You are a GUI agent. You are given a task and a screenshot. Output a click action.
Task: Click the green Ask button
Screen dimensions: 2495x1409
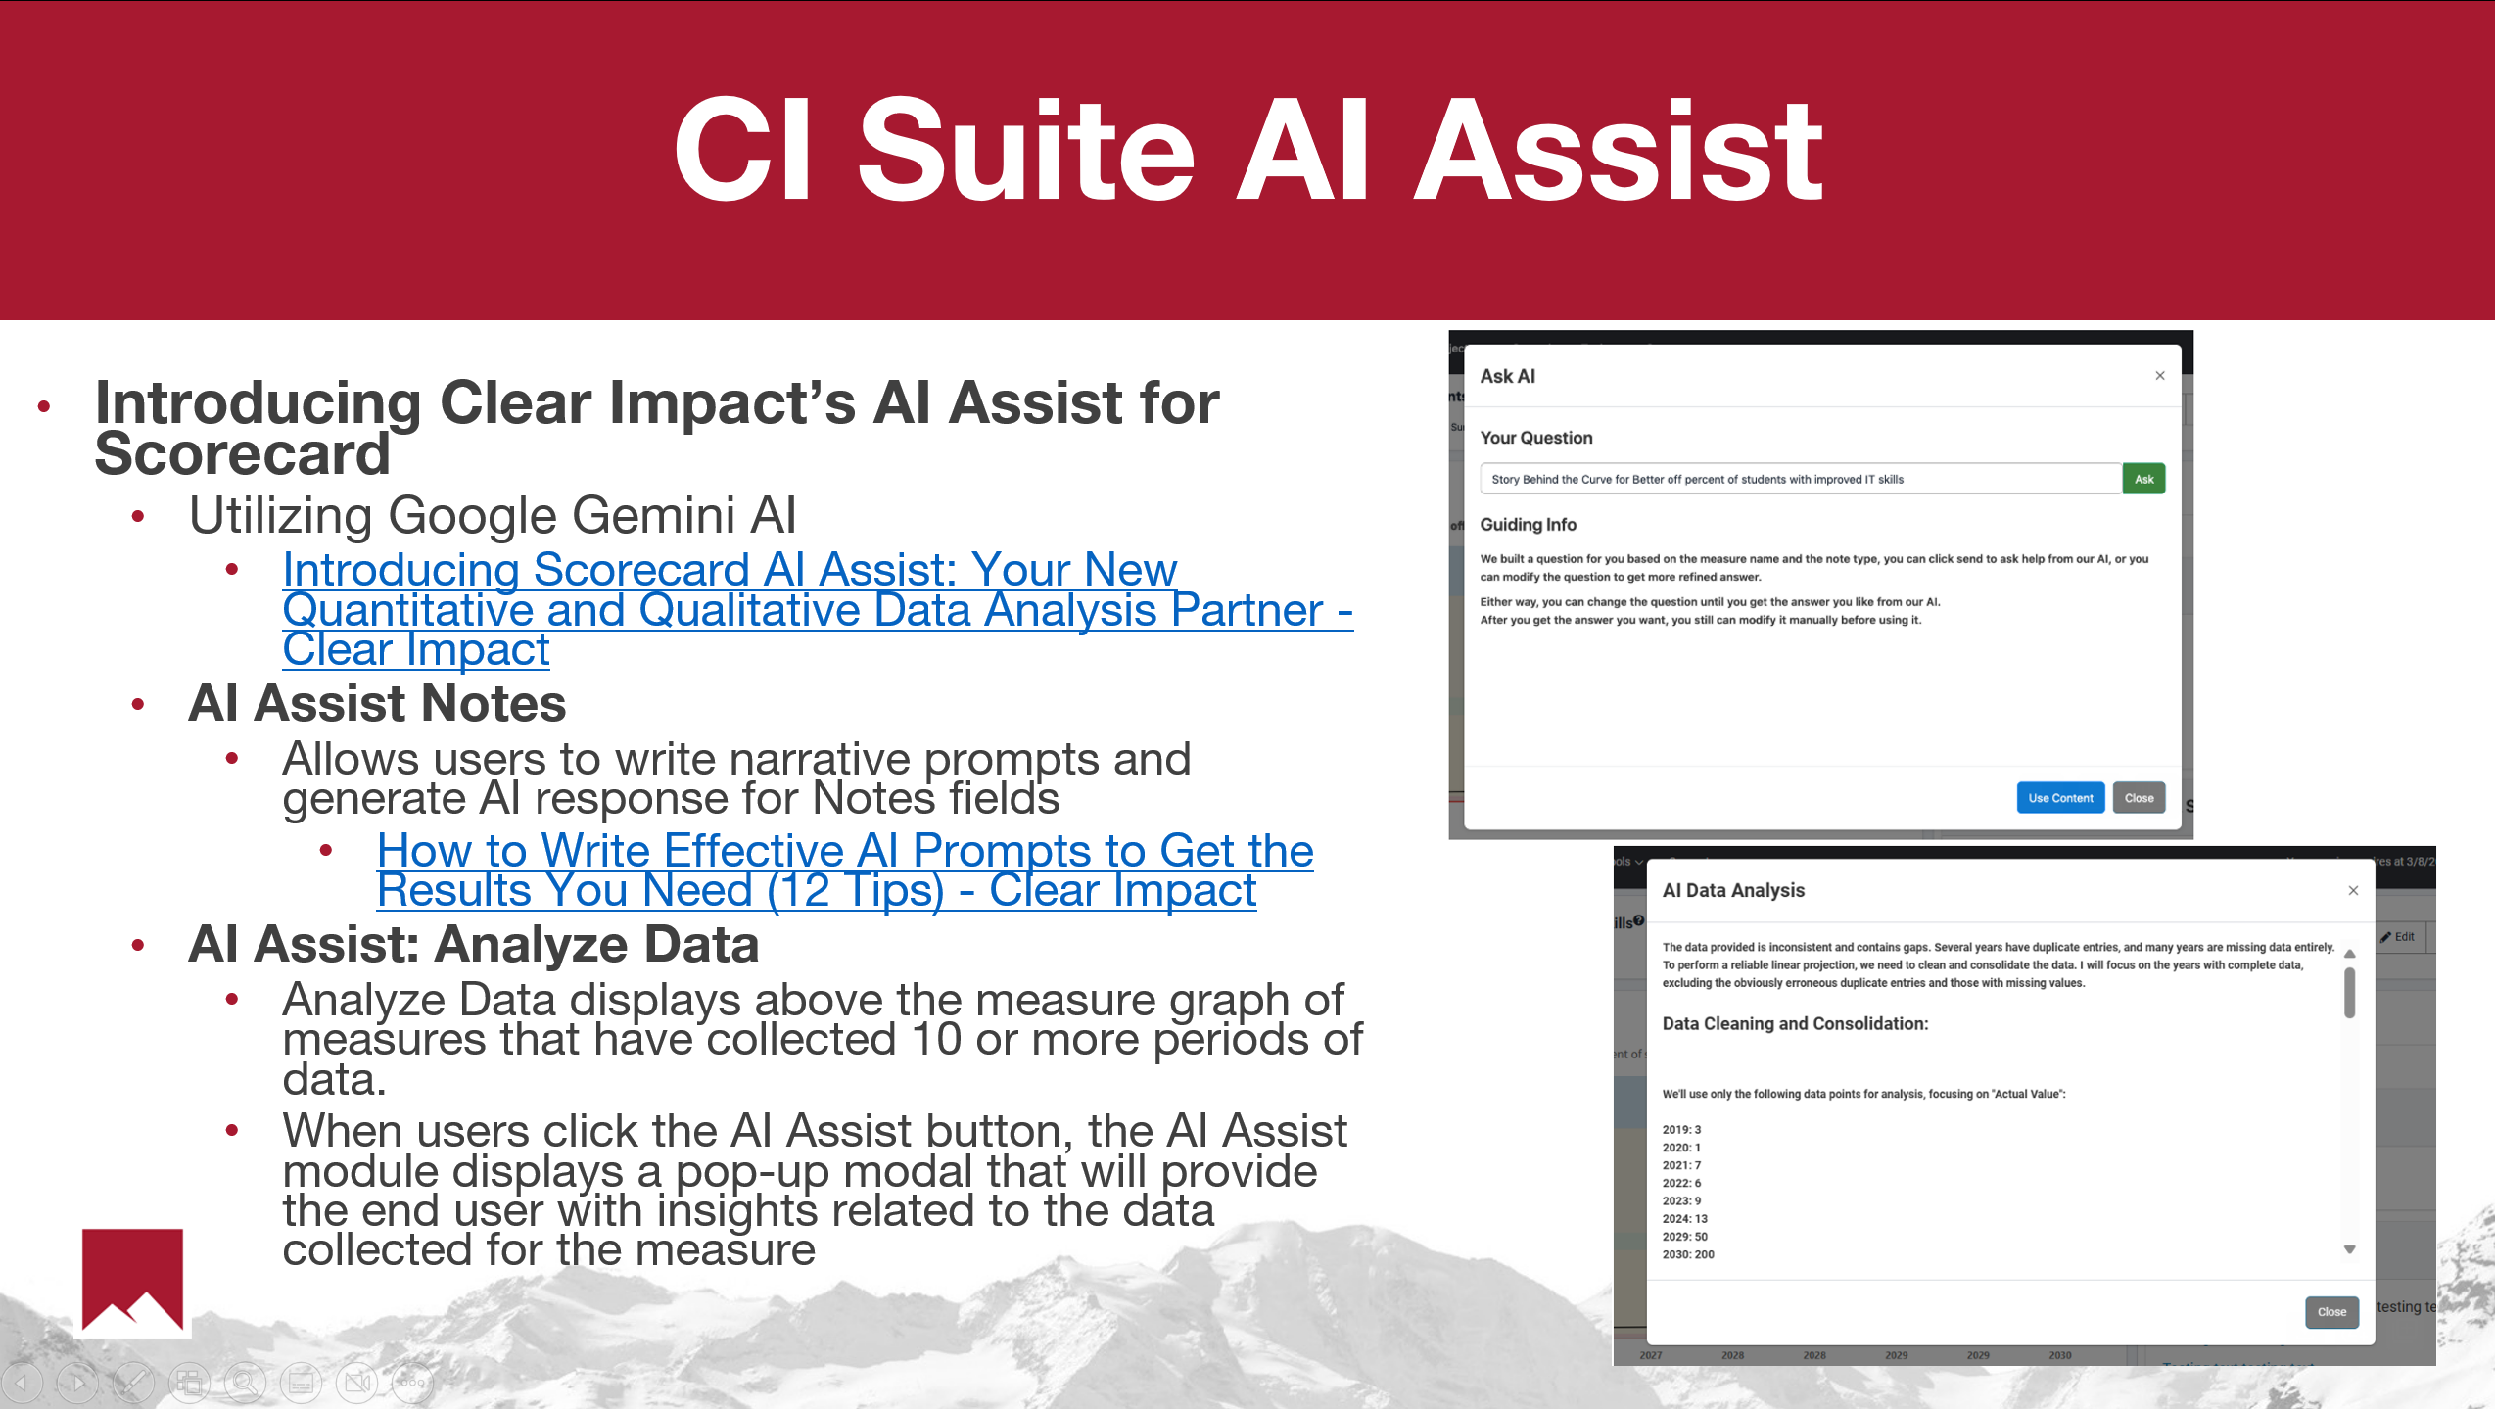point(2143,479)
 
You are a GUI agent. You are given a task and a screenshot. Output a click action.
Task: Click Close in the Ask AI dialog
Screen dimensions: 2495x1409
point(2139,798)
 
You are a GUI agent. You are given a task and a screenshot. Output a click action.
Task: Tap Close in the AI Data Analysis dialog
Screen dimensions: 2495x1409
point(2331,1312)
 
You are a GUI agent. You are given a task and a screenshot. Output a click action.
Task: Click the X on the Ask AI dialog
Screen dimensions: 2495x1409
point(2160,376)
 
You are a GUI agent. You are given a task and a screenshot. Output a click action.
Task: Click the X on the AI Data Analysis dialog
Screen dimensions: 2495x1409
point(2353,890)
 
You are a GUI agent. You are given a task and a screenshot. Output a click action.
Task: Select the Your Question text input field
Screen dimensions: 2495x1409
point(1800,479)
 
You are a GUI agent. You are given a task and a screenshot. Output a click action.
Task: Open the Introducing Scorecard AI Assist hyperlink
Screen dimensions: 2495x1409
point(818,609)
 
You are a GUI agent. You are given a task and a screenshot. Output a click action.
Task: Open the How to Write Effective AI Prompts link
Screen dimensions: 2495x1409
point(845,869)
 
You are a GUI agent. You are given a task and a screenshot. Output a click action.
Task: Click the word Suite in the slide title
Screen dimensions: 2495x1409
point(1025,152)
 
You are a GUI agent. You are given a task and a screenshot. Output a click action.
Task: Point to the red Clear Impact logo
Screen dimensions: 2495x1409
point(132,1280)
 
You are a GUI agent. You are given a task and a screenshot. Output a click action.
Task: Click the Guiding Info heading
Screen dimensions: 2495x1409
point(1528,525)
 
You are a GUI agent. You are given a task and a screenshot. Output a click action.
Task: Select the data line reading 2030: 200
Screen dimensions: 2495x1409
point(1688,1254)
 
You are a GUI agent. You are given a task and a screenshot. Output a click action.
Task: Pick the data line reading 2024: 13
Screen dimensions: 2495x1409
point(1684,1219)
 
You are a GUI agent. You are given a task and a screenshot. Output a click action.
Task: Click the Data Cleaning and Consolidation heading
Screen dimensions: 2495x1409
point(1795,1024)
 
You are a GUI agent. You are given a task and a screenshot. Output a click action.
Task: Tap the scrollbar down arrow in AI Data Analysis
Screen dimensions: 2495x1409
point(2349,1249)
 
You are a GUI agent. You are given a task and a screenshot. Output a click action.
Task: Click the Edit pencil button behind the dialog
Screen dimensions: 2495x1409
point(2398,937)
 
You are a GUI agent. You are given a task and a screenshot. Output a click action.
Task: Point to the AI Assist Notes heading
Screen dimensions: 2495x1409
point(377,703)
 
